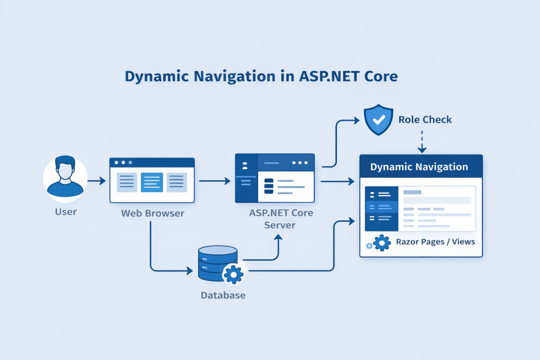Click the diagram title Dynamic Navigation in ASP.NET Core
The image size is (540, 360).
click(261, 76)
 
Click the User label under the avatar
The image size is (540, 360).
click(65, 212)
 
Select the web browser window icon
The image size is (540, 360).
click(152, 180)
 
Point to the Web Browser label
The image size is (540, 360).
click(153, 213)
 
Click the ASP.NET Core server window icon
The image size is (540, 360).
click(275, 178)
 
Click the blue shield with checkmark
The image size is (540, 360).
click(379, 119)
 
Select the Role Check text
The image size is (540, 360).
click(425, 120)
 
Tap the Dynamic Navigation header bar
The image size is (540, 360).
click(420, 167)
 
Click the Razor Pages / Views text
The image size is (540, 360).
click(435, 242)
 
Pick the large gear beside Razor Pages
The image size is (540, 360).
click(381, 243)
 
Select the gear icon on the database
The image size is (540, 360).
click(233, 274)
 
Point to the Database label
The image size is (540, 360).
click(223, 295)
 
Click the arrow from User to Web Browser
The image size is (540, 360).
click(97, 181)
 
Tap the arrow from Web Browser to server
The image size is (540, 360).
click(215, 181)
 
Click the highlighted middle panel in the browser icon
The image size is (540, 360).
click(152, 182)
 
